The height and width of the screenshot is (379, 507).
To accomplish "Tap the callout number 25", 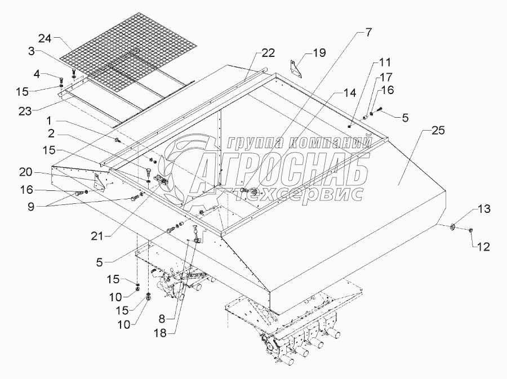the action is coord(438,131).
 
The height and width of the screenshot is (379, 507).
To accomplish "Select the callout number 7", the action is coord(367,32).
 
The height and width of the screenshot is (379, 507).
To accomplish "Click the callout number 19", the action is coord(319,53).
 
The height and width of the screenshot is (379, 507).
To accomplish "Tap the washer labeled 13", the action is coord(452,227).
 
